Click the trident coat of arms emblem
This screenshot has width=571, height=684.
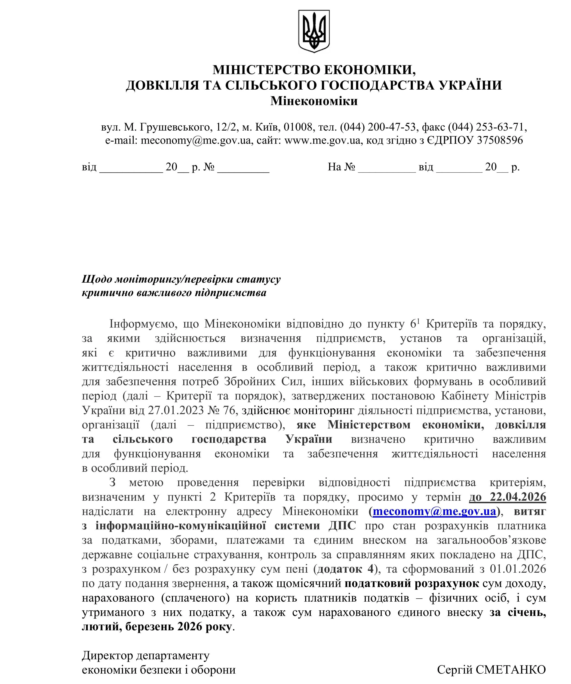point(314,31)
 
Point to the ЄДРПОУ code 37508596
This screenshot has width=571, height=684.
point(500,140)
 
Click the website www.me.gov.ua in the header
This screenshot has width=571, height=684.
point(322,140)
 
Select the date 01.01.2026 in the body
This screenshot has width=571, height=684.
point(517,569)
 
